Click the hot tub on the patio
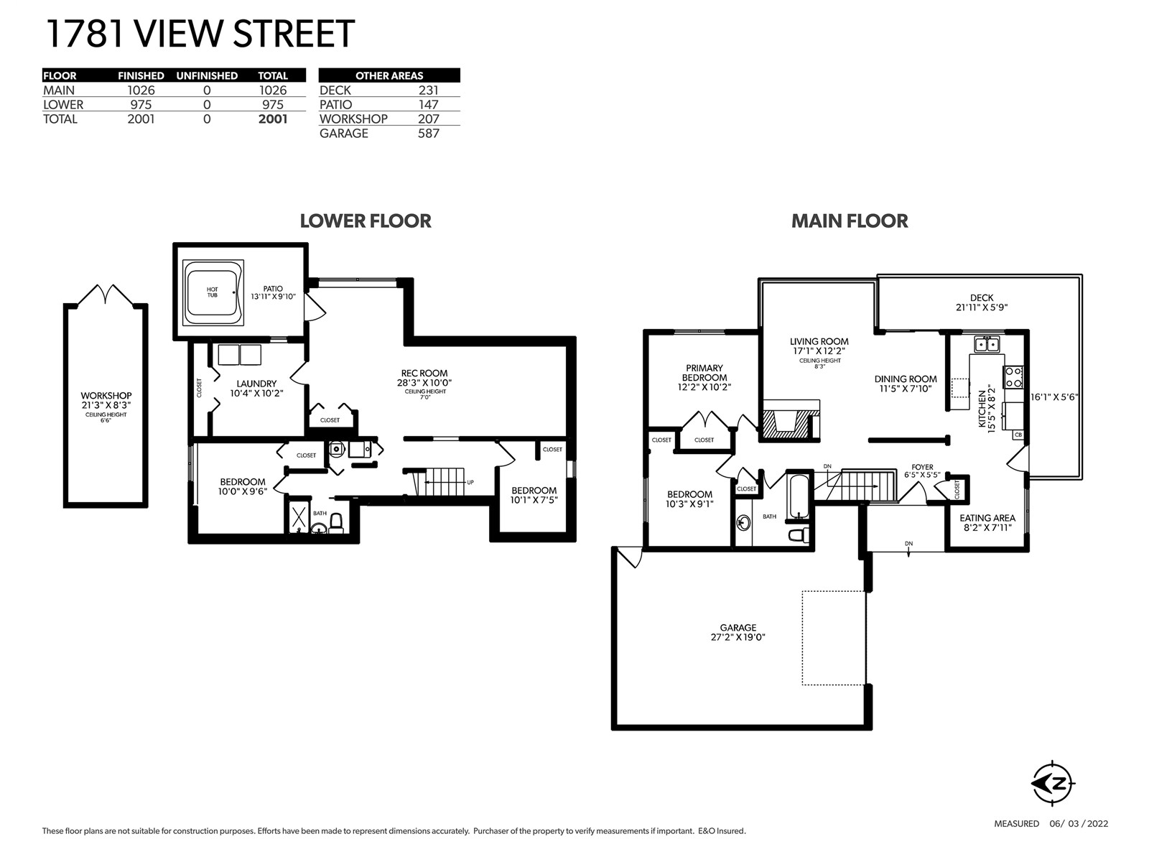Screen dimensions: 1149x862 point(213,292)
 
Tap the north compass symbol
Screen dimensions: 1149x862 point(1053,784)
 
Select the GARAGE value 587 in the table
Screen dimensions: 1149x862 point(428,134)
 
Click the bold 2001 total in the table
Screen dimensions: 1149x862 point(273,119)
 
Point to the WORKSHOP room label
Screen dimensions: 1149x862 point(106,396)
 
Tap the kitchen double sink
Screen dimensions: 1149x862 point(987,344)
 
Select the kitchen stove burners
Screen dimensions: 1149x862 point(1013,377)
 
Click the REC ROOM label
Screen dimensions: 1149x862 point(424,373)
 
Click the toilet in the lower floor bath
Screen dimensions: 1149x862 point(336,524)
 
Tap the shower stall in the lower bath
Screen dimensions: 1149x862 point(299,517)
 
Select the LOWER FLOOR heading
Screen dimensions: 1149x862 point(366,221)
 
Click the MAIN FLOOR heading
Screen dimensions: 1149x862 point(850,221)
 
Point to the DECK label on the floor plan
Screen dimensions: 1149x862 point(982,298)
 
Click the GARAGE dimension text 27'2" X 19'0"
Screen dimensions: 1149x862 point(738,637)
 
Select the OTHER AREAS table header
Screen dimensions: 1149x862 point(389,75)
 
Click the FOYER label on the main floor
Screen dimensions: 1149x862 point(922,467)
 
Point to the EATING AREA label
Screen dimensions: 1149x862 point(987,518)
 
